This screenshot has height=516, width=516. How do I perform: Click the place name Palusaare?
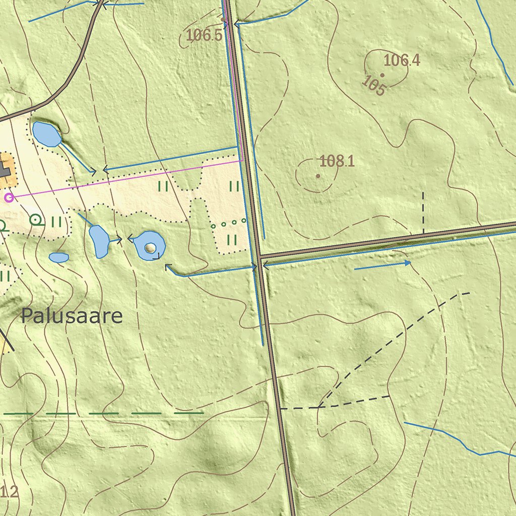click(72, 316)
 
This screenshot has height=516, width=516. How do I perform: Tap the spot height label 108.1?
click(337, 161)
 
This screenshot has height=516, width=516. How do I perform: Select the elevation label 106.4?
click(402, 60)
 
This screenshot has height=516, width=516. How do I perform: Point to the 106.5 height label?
click(204, 35)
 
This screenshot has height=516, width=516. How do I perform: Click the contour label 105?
click(374, 86)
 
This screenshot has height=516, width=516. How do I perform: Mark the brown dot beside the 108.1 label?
click(318, 176)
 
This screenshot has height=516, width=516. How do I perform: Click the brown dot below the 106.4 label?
click(382, 75)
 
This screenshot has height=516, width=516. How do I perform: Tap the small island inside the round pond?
click(151, 247)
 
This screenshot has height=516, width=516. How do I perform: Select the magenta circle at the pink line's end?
click(9, 198)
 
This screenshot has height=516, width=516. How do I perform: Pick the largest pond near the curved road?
click(46, 134)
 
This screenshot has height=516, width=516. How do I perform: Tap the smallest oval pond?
click(59, 257)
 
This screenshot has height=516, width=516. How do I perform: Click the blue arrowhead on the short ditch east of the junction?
click(407, 263)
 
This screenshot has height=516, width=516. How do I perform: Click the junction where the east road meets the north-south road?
click(259, 256)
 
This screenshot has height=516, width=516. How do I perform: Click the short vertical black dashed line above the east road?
click(423, 212)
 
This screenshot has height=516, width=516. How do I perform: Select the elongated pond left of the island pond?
click(99, 241)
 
